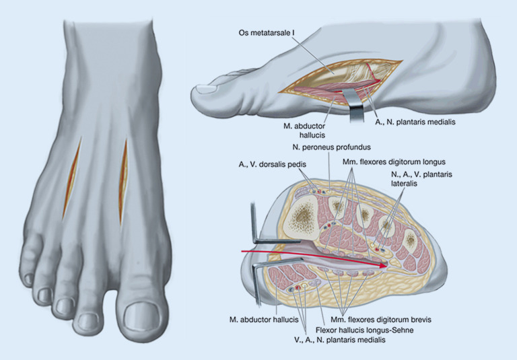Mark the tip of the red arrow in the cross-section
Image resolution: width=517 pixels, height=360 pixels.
point(385,266)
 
